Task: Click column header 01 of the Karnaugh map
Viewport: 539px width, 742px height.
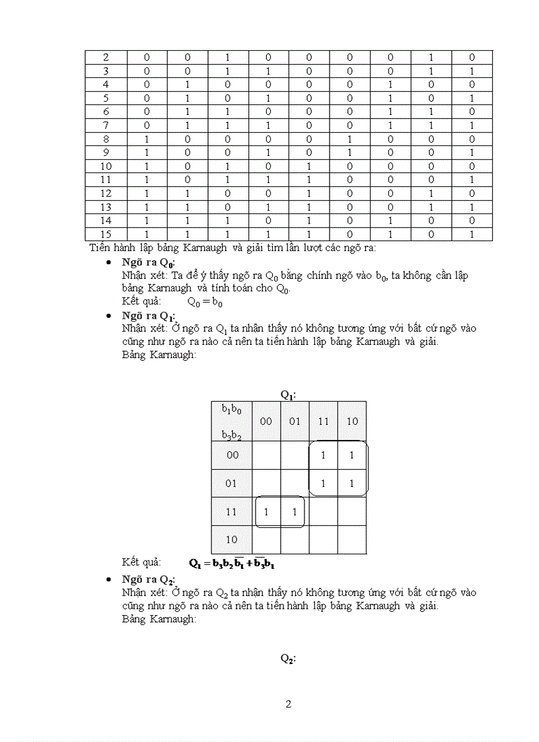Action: click(295, 421)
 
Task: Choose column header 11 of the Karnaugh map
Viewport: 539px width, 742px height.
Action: click(323, 421)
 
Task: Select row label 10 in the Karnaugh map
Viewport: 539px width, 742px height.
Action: click(231, 539)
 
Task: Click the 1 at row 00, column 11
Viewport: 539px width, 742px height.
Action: click(323, 455)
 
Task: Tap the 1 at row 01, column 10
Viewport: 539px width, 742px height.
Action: click(351, 484)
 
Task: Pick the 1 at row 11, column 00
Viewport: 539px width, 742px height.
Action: click(266, 511)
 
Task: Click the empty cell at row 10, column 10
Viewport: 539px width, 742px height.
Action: click(351, 539)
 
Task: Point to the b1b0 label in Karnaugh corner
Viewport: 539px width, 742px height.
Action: click(231, 409)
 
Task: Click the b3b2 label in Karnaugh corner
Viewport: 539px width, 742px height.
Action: click(231, 434)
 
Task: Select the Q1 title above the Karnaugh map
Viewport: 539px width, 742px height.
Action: click(288, 394)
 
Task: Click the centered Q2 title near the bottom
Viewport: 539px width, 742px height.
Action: click(288, 659)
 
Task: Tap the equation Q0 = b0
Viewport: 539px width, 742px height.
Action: click(205, 302)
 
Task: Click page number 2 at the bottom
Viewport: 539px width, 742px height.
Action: click(288, 704)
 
